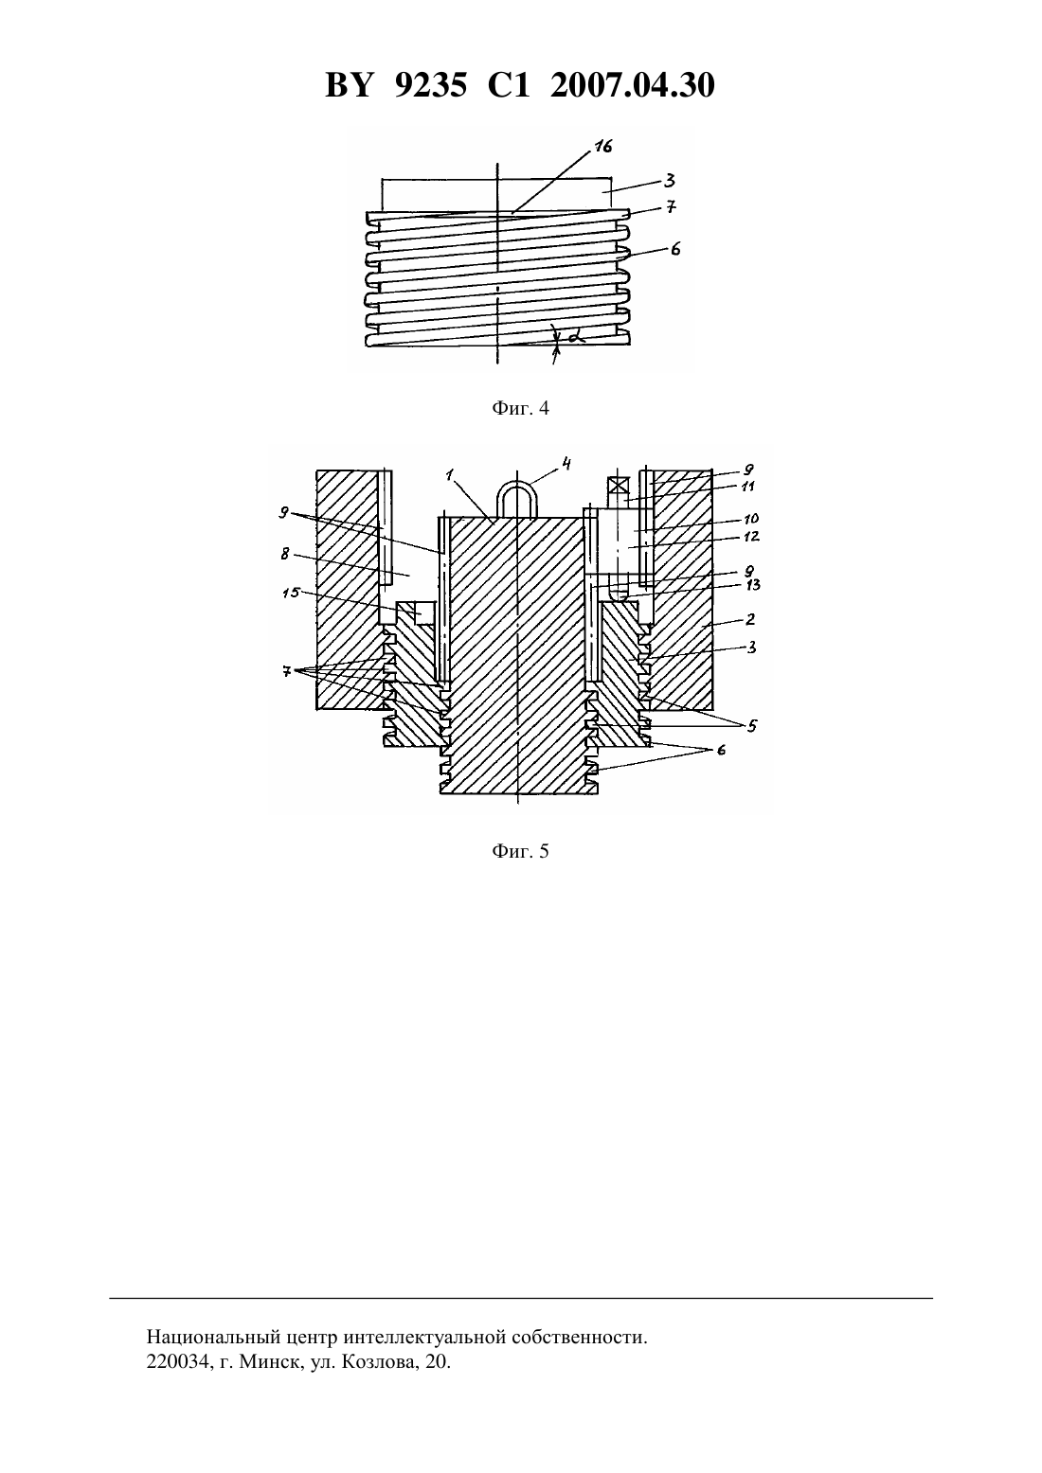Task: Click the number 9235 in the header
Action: (x=431, y=85)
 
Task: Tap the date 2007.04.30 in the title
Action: (x=632, y=85)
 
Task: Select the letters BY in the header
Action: (x=350, y=85)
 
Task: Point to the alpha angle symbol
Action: (x=577, y=337)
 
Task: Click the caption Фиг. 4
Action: (x=520, y=408)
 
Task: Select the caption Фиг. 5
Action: (x=520, y=852)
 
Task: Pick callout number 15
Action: (x=291, y=593)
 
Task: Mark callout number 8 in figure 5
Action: (x=285, y=554)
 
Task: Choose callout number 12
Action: (x=751, y=537)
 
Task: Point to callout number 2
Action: (x=750, y=619)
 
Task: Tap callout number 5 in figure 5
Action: (x=752, y=726)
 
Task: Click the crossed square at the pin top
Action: (x=617, y=487)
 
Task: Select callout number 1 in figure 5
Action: (x=449, y=475)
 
